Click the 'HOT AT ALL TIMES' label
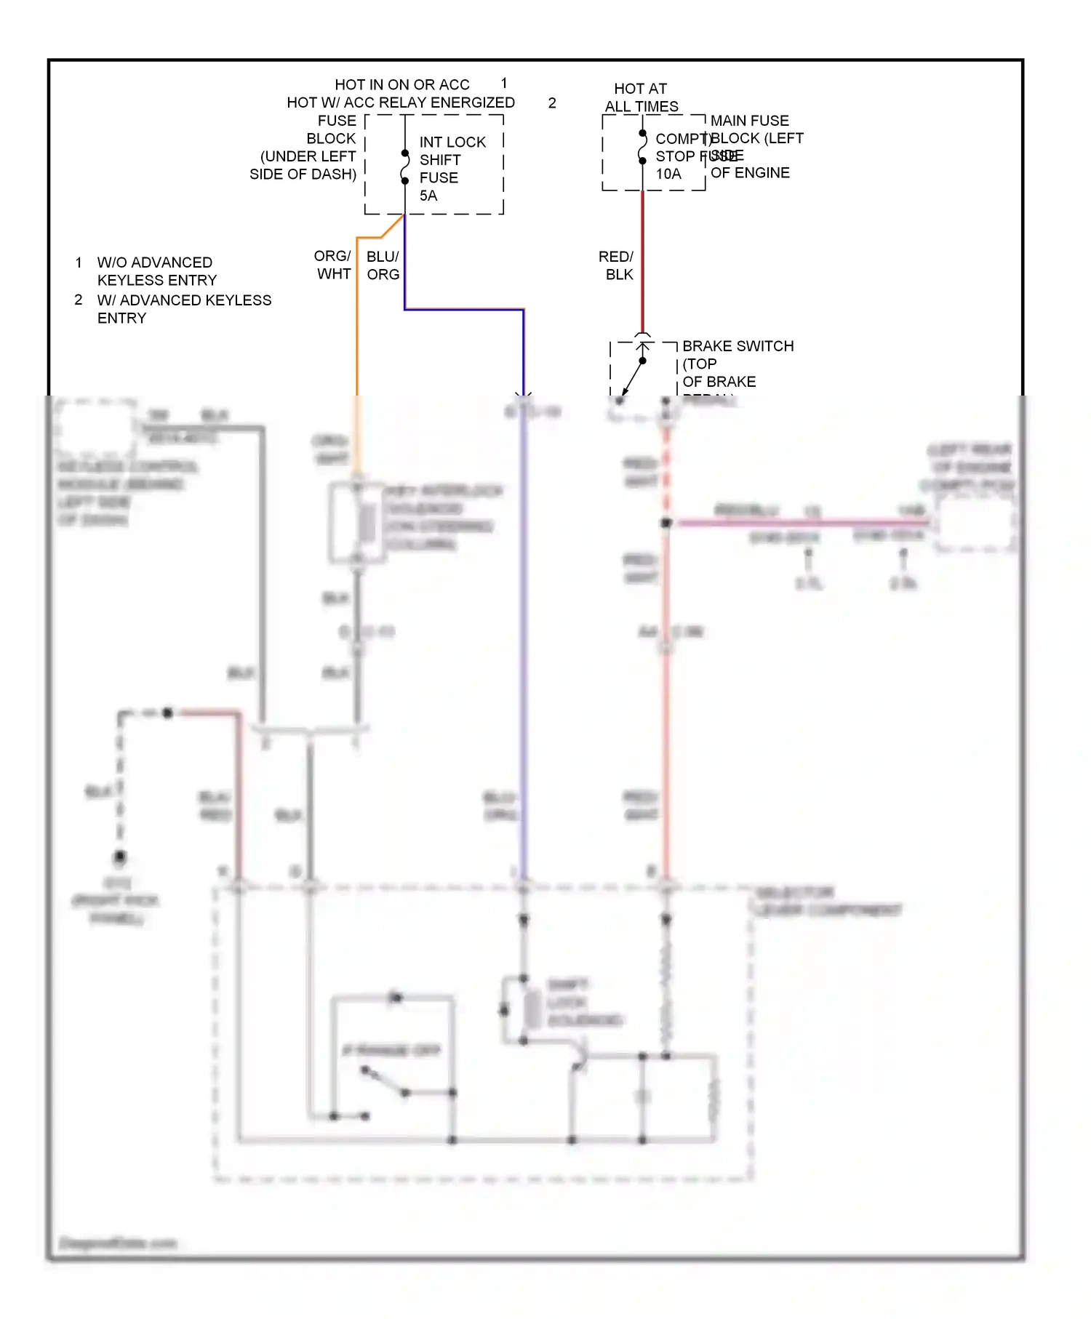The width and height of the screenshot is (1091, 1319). [x=641, y=97]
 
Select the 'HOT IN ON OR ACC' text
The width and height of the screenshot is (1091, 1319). [x=401, y=84]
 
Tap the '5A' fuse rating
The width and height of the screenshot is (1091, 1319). [x=428, y=196]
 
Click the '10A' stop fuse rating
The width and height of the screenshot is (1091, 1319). [x=668, y=174]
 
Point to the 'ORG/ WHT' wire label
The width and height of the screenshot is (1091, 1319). [x=333, y=265]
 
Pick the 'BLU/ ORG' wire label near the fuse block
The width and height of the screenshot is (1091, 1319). [x=383, y=265]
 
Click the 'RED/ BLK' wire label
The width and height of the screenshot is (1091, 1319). [x=616, y=265]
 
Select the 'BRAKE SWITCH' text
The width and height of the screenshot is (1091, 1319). [x=738, y=346]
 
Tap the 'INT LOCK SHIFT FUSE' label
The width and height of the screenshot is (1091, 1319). [x=452, y=160]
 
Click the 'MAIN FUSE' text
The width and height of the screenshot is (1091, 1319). [x=749, y=121]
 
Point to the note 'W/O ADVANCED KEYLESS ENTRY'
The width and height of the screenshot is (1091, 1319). [x=156, y=271]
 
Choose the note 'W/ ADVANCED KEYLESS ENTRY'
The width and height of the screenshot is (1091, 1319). [x=183, y=309]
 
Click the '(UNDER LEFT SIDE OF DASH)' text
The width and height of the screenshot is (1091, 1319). [x=303, y=166]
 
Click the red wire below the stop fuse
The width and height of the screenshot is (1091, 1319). [x=642, y=262]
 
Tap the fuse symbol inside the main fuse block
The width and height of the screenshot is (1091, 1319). [x=642, y=147]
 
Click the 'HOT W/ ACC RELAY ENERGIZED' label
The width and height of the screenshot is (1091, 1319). [x=400, y=103]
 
